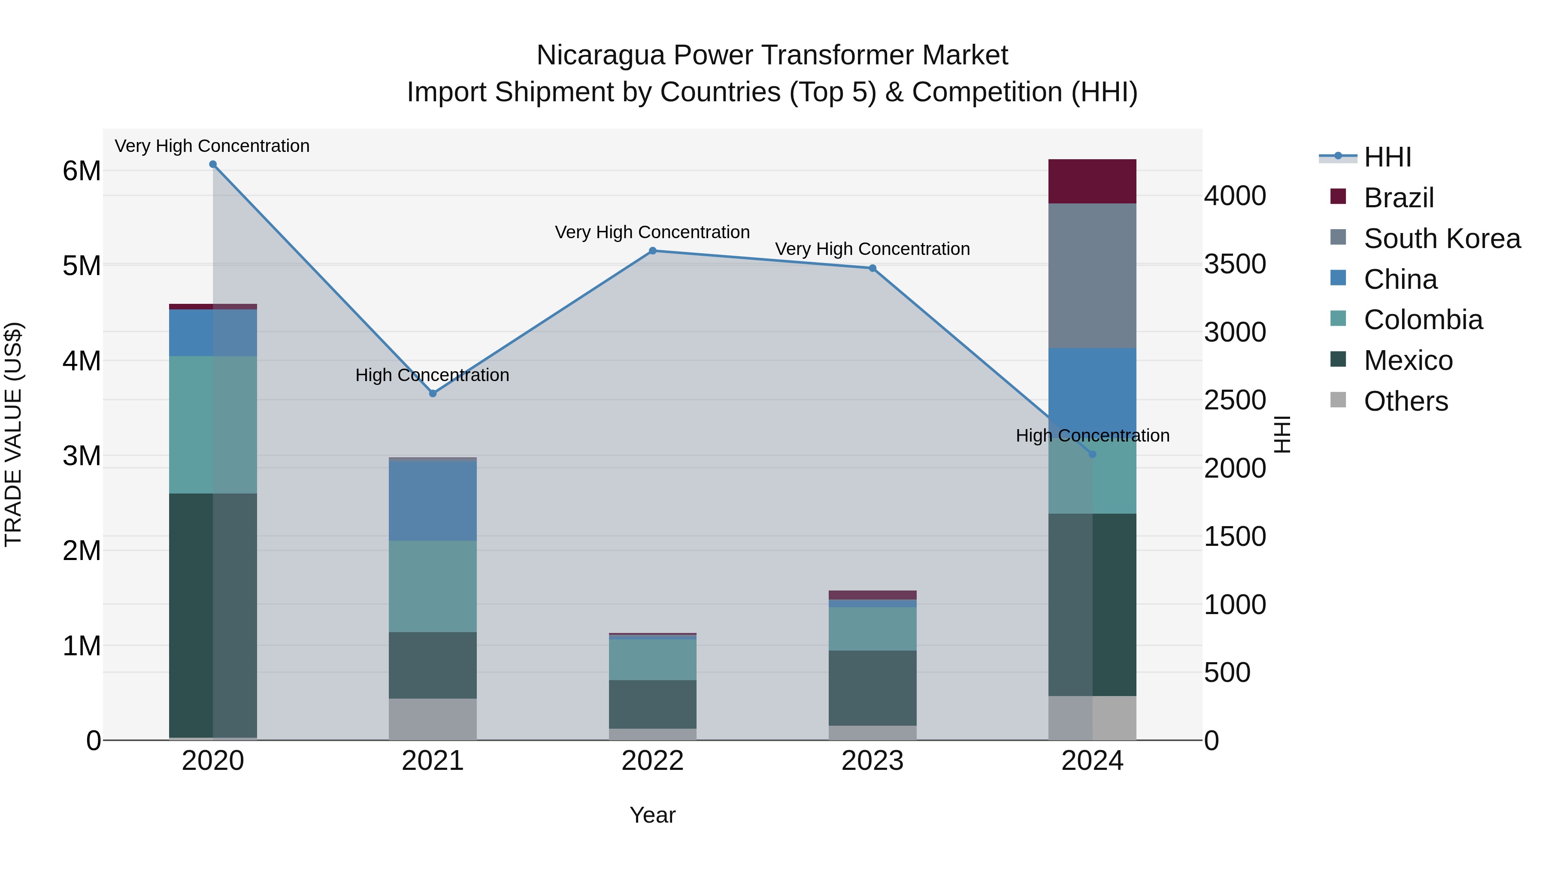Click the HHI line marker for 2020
(213, 164)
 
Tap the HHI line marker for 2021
(433, 394)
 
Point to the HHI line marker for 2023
(872, 268)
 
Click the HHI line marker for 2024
(1092, 454)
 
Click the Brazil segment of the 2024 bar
(1092, 181)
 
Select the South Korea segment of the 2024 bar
(1092, 276)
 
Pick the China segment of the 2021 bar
(433, 501)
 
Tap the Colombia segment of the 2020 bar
(213, 424)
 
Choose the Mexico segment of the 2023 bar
(872, 688)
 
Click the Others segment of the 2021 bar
(433, 719)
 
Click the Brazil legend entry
(1399, 198)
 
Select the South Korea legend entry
(1442, 239)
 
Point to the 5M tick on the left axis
(82, 266)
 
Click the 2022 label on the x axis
(652, 761)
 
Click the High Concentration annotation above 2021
(433, 375)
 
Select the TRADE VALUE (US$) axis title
(13, 434)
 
